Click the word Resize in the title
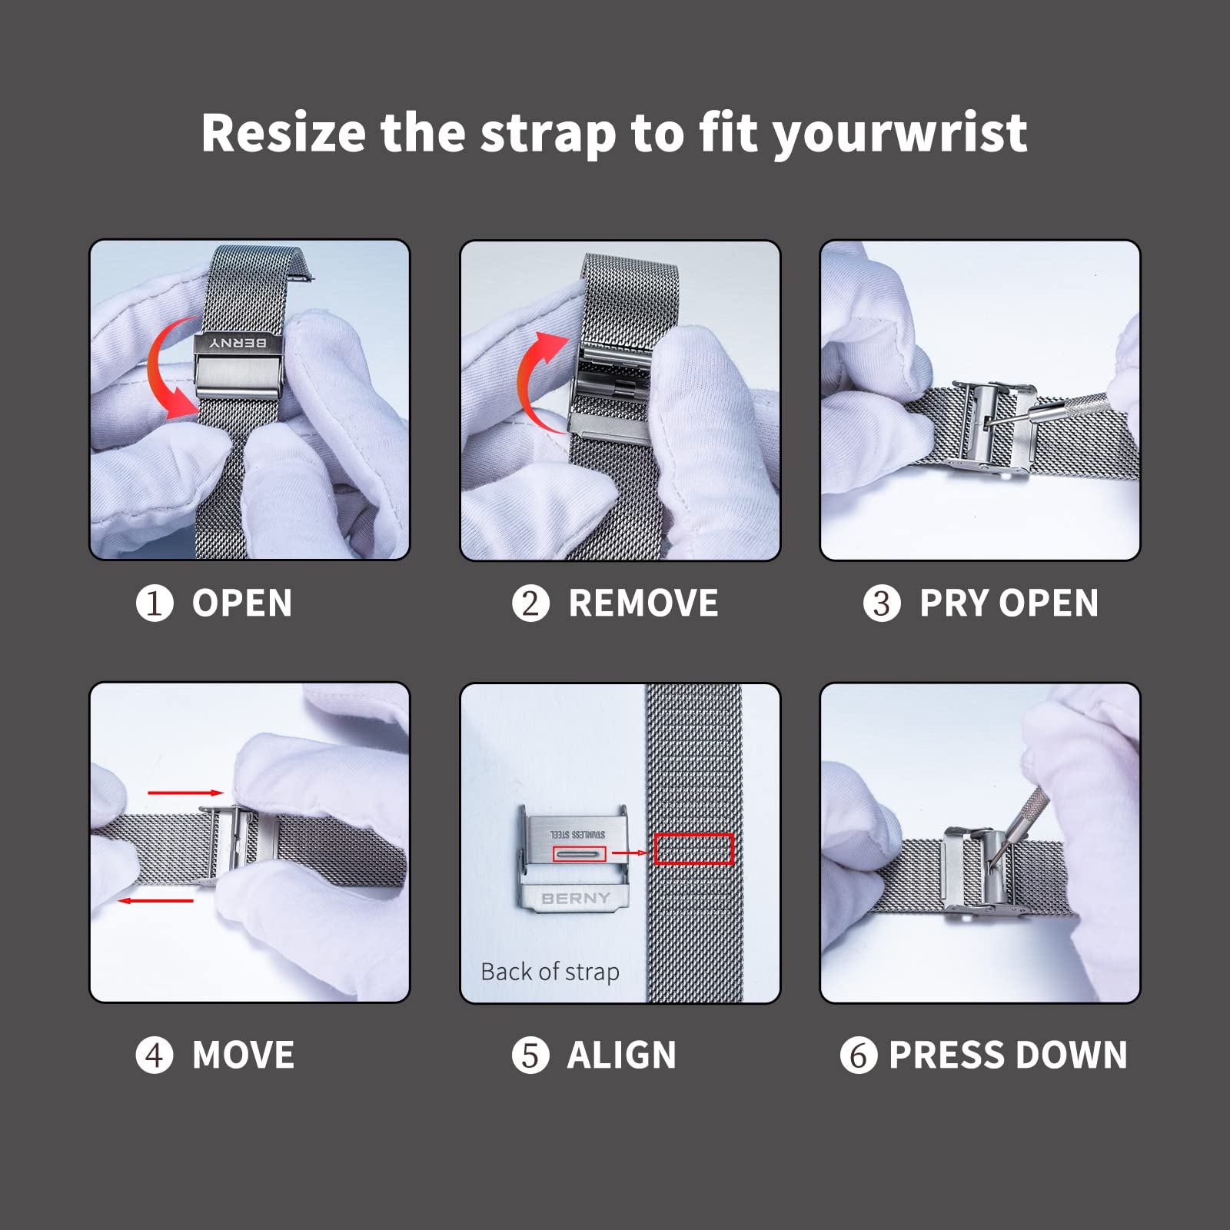[283, 133]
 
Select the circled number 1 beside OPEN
[155, 603]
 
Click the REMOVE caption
[643, 603]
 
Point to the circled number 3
[881, 603]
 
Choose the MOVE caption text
[243, 1055]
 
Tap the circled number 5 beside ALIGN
[530, 1055]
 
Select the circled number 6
[858, 1055]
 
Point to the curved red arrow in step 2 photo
[534, 381]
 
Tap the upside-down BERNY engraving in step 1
[238, 343]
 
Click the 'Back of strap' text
[550, 972]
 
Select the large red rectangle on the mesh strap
[693, 849]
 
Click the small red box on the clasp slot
[580, 853]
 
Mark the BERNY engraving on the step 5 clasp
[575, 898]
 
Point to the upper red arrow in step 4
[185, 793]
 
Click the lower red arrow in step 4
[155, 900]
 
